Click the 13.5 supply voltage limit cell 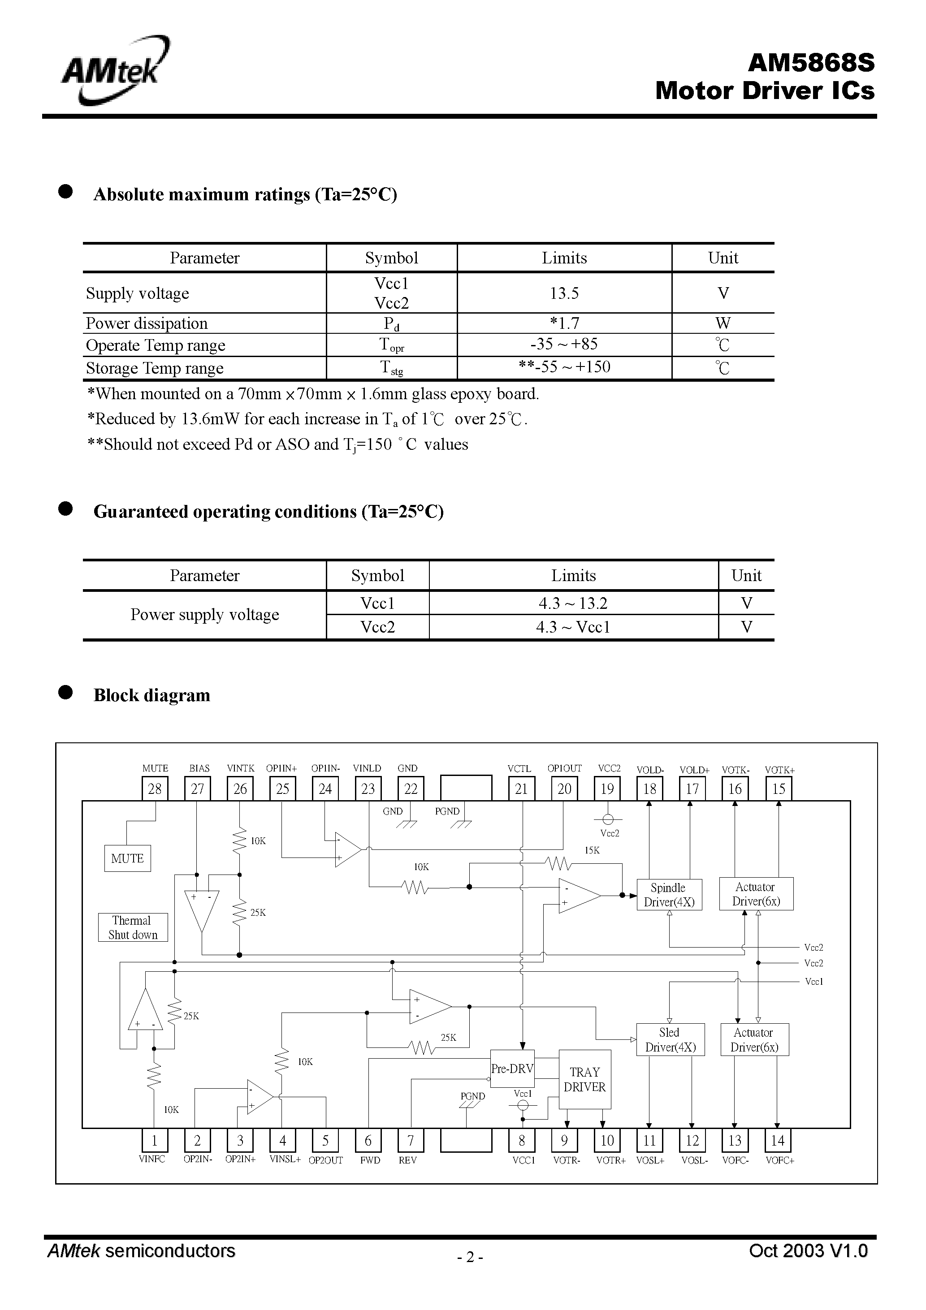coord(564,293)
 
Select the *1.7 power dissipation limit coord(564,323)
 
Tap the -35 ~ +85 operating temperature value coord(564,345)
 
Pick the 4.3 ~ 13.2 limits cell coord(573,603)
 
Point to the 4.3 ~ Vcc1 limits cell coord(573,628)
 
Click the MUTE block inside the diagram coord(127,859)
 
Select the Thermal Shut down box coord(133,927)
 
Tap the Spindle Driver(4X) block coord(669,895)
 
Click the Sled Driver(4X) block coord(670,1039)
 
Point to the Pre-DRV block coord(512,1069)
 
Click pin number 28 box coord(155,789)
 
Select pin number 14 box coord(778,1141)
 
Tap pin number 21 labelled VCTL coord(521,789)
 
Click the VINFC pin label coord(152,1159)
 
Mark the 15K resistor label coord(592,850)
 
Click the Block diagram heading coord(152,695)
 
